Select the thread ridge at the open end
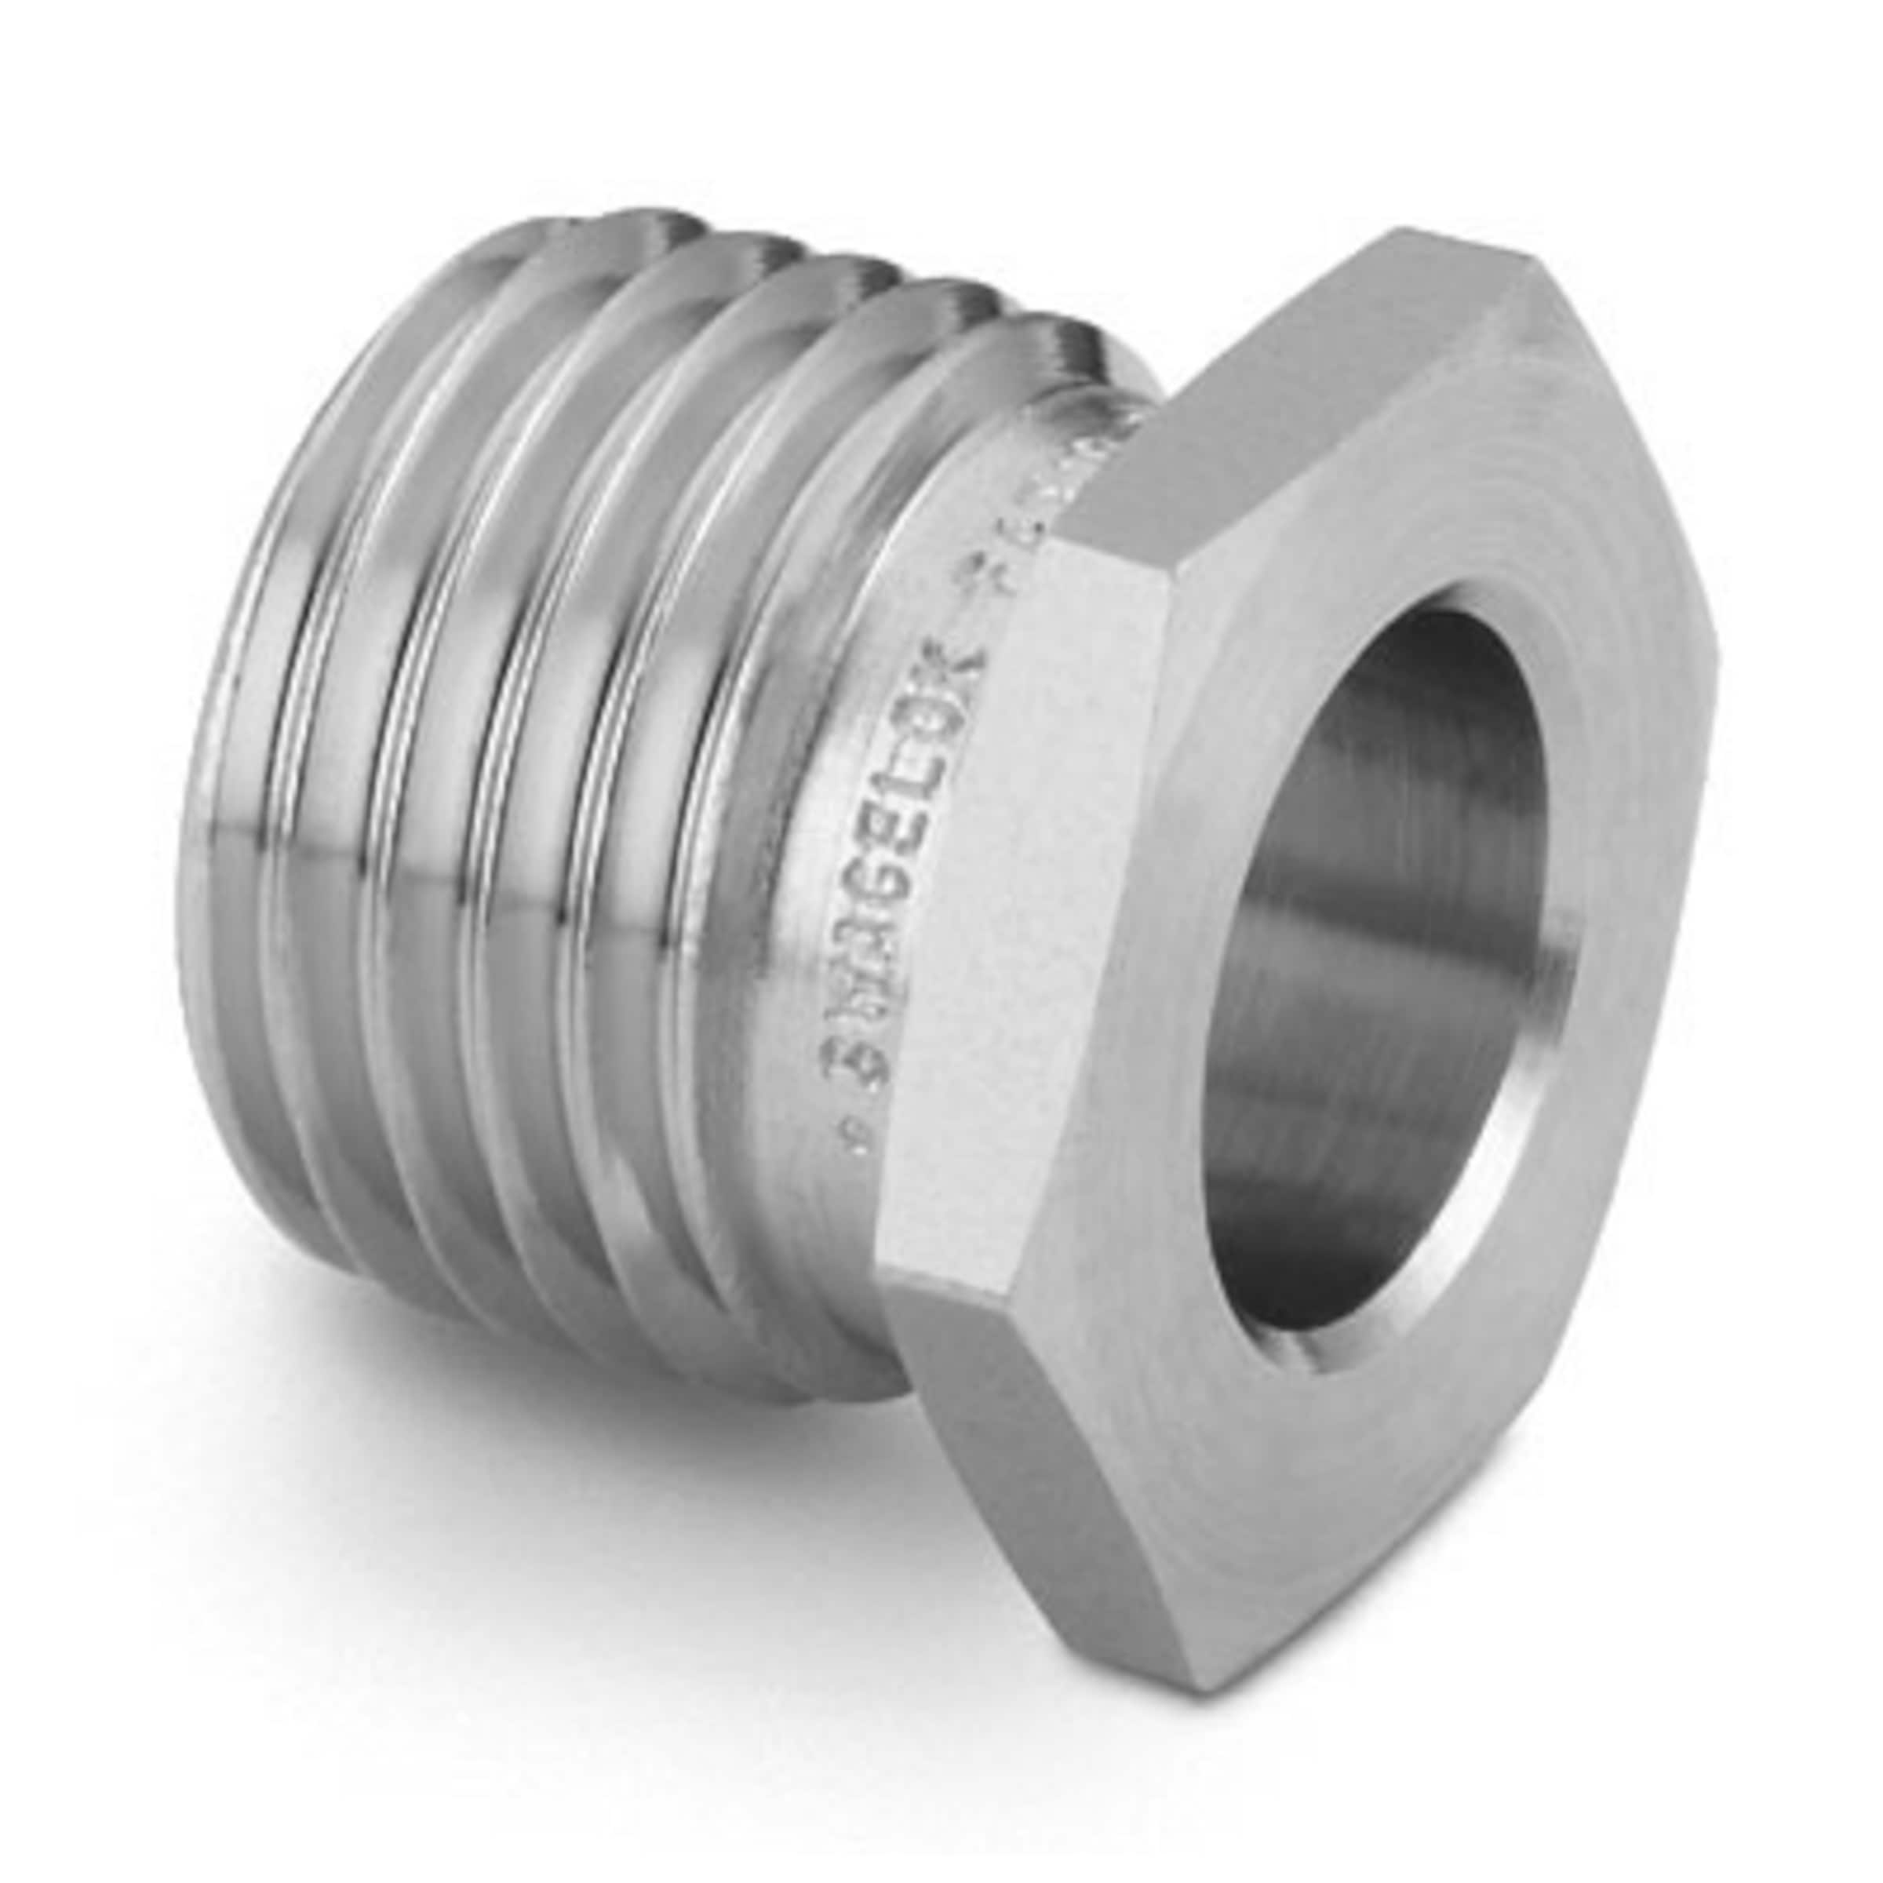253,780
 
